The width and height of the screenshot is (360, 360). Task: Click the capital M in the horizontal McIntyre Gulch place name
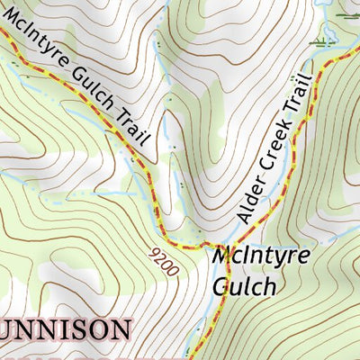pyautogui.click(x=223, y=256)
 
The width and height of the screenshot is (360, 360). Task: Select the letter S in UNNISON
pyautogui.click(x=78, y=329)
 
